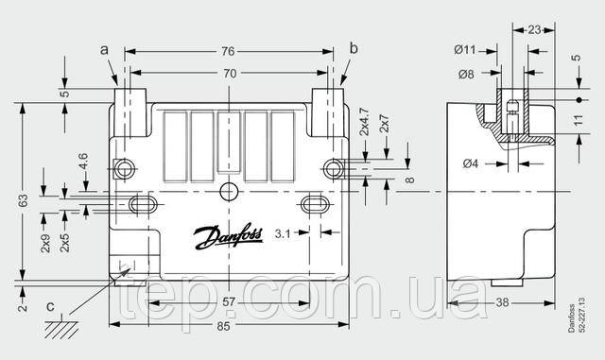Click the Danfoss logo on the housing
pyautogui.click(x=229, y=236)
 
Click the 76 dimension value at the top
pyautogui.click(x=228, y=51)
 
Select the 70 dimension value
pyautogui.click(x=230, y=73)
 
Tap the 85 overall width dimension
pyautogui.click(x=223, y=326)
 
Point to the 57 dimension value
pyautogui.click(x=229, y=301)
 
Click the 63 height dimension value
pyautogui.click(x=23, y=200)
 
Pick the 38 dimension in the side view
pyautogui.click(x=502, y=302)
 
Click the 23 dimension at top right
pyautogui.click(x=534, y=29)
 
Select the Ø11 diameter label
pyautogui.click(x=465, y=50)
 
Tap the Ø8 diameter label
pyautogui.click(x=466, y=74)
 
